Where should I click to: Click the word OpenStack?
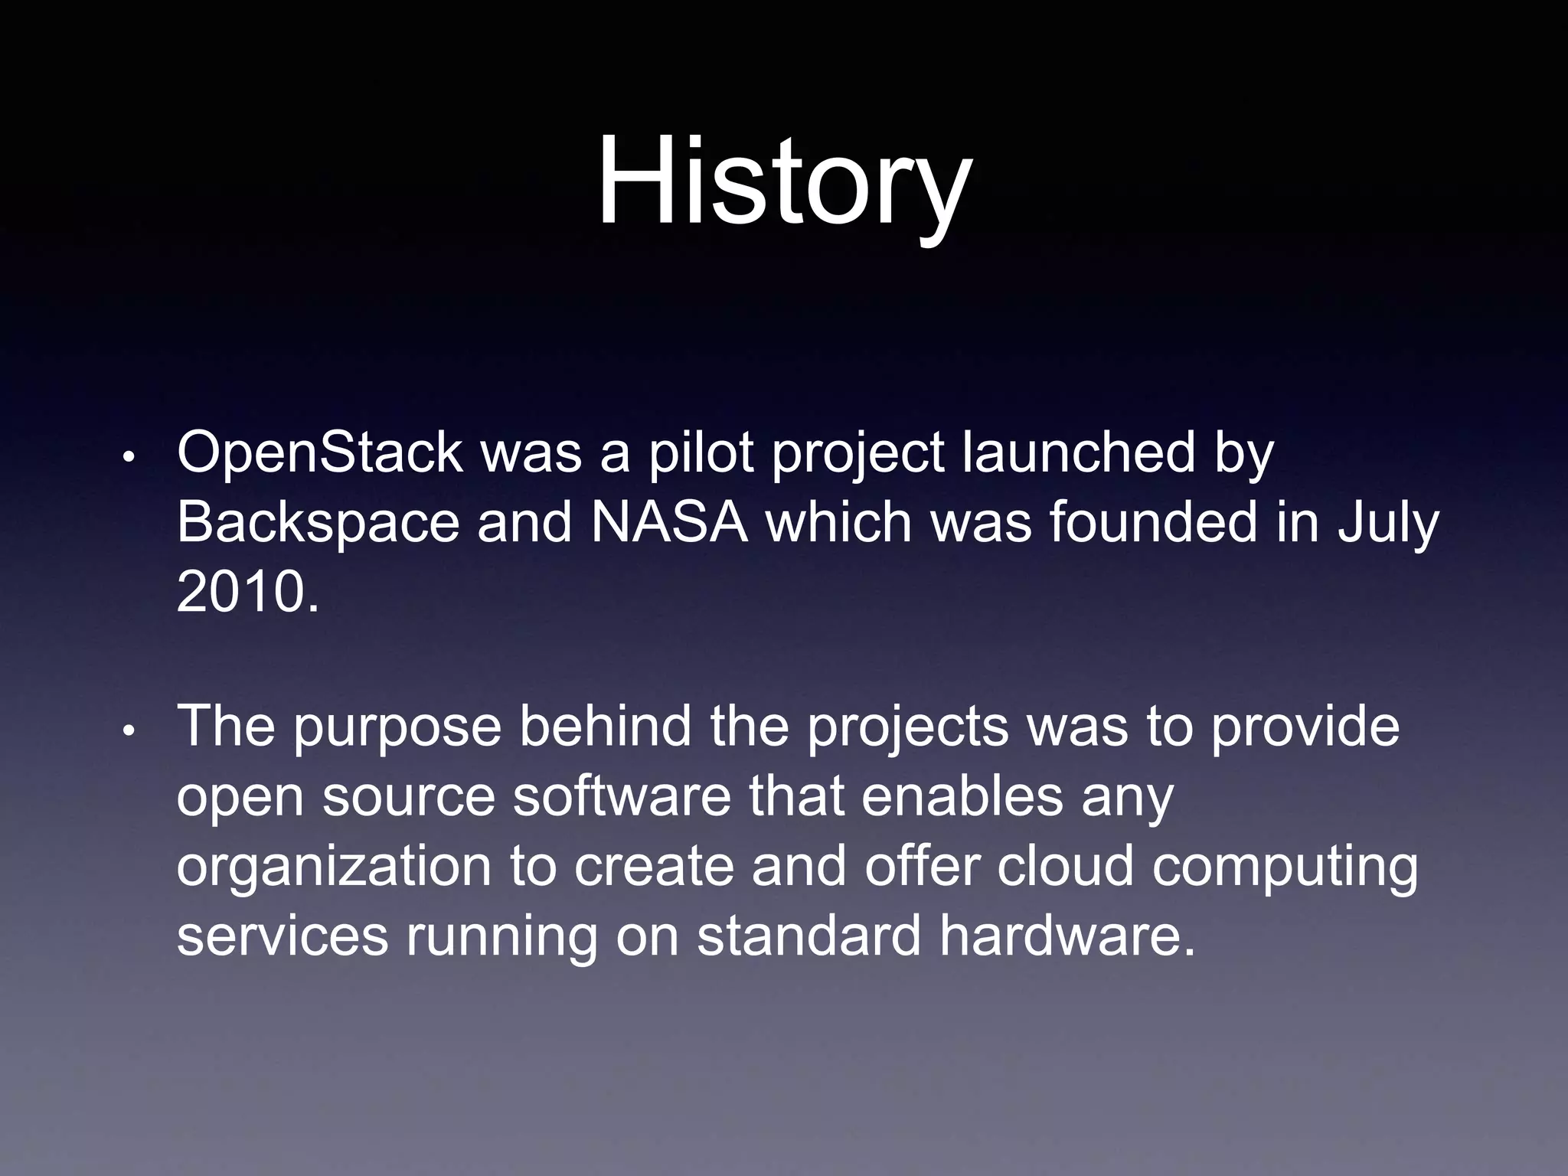tap(319, 453)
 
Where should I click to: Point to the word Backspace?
tap(318, 523)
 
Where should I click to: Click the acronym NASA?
tap(669, 523)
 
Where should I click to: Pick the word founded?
tap(1153, 523)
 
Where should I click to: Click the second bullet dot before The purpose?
tap(129, 731)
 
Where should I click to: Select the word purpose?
tap(397, 727)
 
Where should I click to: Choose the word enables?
tap(962, 796)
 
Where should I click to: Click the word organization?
tap(334, 867)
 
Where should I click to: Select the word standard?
tap(808, 936)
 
